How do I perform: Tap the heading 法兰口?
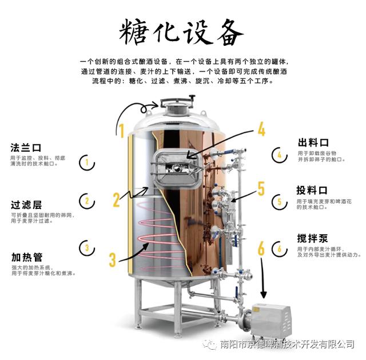pos(26,147)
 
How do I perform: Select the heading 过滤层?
pos(26,204)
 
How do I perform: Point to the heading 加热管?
pos(26,257)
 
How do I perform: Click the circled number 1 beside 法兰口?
pos(86,162)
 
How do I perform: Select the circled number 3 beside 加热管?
pos(86,247)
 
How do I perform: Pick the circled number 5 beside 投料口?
pos(279,201)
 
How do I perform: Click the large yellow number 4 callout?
pos(261,129)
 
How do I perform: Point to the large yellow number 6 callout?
pos(261,249)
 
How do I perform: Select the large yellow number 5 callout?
pos(261,189)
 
